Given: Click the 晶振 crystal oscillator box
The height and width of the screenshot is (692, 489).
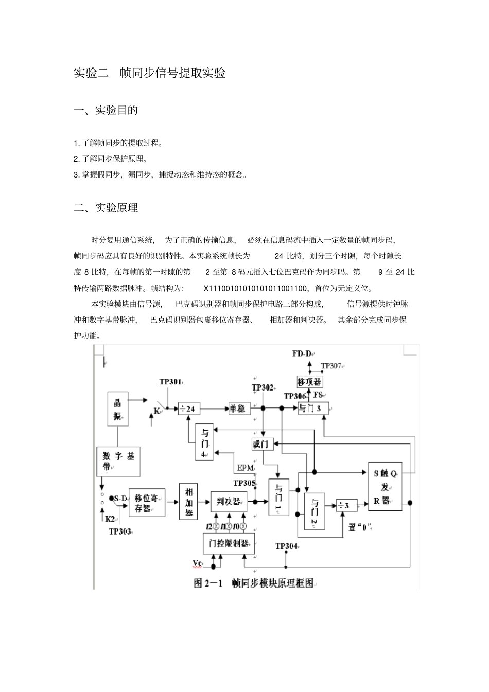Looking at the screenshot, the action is pyautogui.click(x=117, y=409).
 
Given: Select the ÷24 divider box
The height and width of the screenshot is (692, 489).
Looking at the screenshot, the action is pyautogui.click(x=189, y=409).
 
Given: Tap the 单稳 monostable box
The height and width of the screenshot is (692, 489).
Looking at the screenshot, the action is pyautogui.click(x=240, y=409).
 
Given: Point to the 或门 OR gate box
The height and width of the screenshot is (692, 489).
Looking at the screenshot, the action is pyautogui.click(x=263, y=443).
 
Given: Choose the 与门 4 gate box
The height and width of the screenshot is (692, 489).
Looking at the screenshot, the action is pyautogui.click(x=204, y=442).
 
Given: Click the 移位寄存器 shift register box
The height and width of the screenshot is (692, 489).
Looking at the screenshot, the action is pyautogui.click(x=147, y=503).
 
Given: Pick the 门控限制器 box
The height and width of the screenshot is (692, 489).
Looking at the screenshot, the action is pyautogui.click(x=229, y=543).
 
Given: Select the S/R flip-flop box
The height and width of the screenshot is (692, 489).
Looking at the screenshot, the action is pyautogui.click(x=385, y=486).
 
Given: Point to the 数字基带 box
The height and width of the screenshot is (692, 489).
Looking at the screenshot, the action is pyautogui.click(x=118, y=460).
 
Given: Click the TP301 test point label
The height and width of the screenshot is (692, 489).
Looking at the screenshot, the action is pyautogui.click(x=170, y=382).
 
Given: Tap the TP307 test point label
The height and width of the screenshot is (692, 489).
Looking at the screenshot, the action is pyautogui.click(x=331, y=366).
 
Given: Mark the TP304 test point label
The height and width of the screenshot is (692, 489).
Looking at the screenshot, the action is pyautogui.click(x=287, y=546).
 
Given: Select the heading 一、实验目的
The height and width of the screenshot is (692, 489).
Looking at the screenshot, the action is pyautogui.click(x=106, y=110).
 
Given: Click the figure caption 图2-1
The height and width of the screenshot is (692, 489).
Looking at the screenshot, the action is pyautogui.click(x=253, y=583).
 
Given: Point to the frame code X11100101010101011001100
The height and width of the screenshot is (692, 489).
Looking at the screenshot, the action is pyautogui.click(x=255, y=288).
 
